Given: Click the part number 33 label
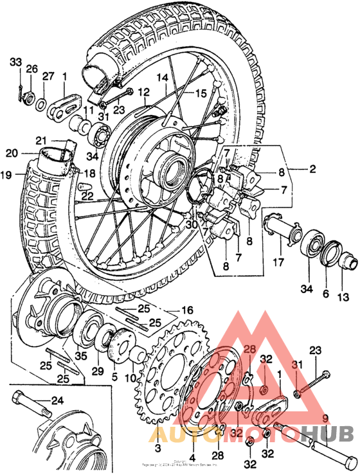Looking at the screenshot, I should coord(15,62).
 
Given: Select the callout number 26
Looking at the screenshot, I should coord(32,69).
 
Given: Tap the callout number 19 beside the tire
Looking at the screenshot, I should coord(7,175).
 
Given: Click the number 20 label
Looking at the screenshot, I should coord(11,153).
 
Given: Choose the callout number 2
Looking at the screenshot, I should coord(312,170).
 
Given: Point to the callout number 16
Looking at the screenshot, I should coord(186,310).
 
